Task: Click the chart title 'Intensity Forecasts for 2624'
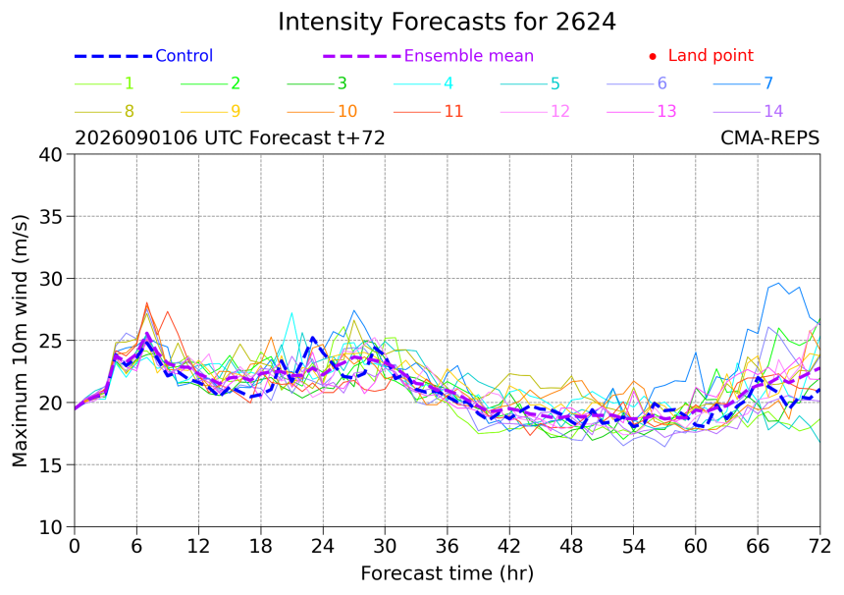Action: tap(447, 22)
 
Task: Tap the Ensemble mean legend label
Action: tap(469, 55)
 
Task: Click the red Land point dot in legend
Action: tap(653, 56)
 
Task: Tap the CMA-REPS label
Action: tap(769, 137)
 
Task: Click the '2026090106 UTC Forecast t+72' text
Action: tap(230, 137)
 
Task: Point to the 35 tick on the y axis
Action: tap(51, 216)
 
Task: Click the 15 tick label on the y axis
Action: tap(51, 464)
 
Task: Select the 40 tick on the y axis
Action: tap(51, 154)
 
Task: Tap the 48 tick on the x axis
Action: tap(571, 547)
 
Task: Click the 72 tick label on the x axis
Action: tap(819, 547)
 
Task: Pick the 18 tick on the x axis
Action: tap(260, 547)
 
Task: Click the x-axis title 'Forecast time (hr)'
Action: tap(447, 573)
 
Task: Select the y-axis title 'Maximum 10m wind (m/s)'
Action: tap(20, 341)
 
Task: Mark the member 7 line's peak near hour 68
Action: tap(778, 283)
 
